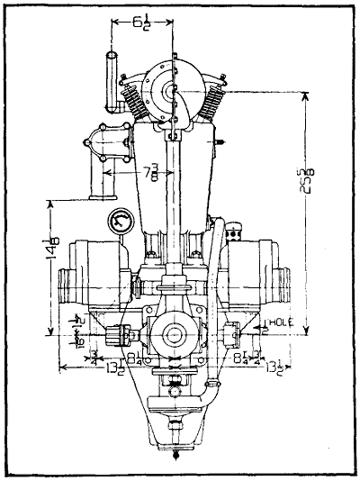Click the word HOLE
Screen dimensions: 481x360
[275, 320]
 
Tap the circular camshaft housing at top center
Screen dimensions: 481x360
[170, 91]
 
